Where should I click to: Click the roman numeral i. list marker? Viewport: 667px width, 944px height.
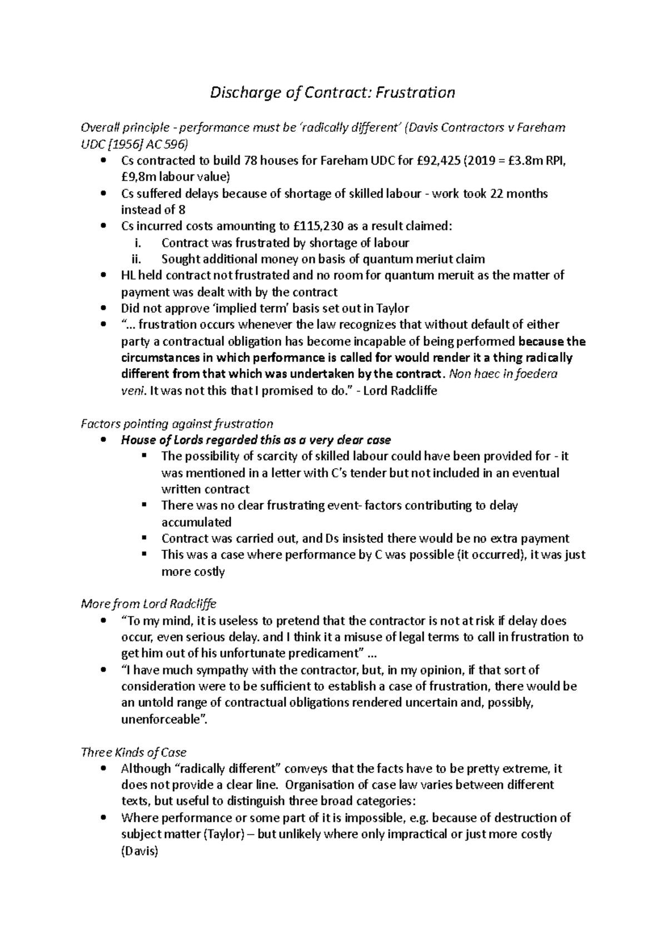coord(138,243)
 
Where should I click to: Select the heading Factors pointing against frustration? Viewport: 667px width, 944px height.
coord(177,424)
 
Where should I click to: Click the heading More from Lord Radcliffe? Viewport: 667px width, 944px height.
coord(148,604)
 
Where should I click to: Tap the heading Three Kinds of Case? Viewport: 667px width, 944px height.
coord(133,752)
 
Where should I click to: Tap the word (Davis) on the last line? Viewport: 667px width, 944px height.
coord(140,851)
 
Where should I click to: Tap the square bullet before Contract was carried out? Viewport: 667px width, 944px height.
coord(145,538)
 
